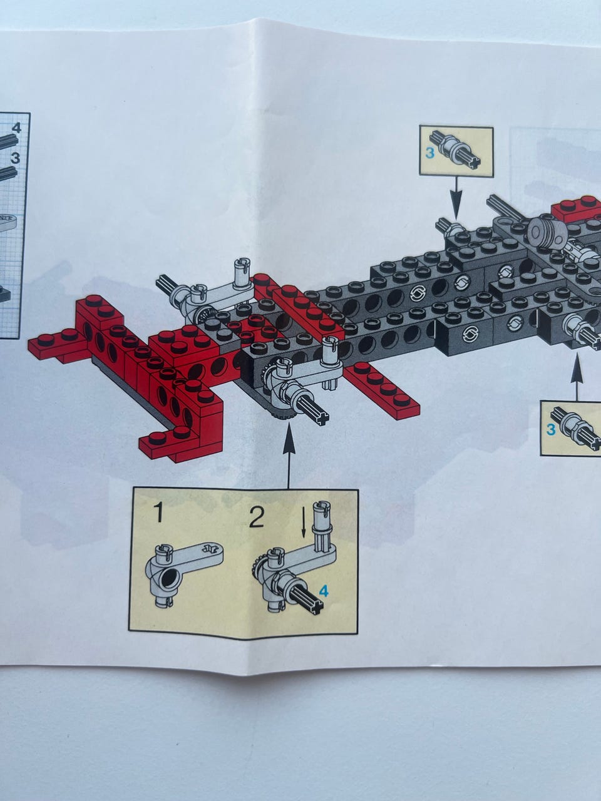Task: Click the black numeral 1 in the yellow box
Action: (x=159, y=512)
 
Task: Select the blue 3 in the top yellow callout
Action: (x=430, y=153)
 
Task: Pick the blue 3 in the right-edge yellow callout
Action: (x=551, y=429)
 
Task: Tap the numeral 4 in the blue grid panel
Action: (x=16, y=128)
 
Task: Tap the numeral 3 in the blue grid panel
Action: (x=15, y=158)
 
